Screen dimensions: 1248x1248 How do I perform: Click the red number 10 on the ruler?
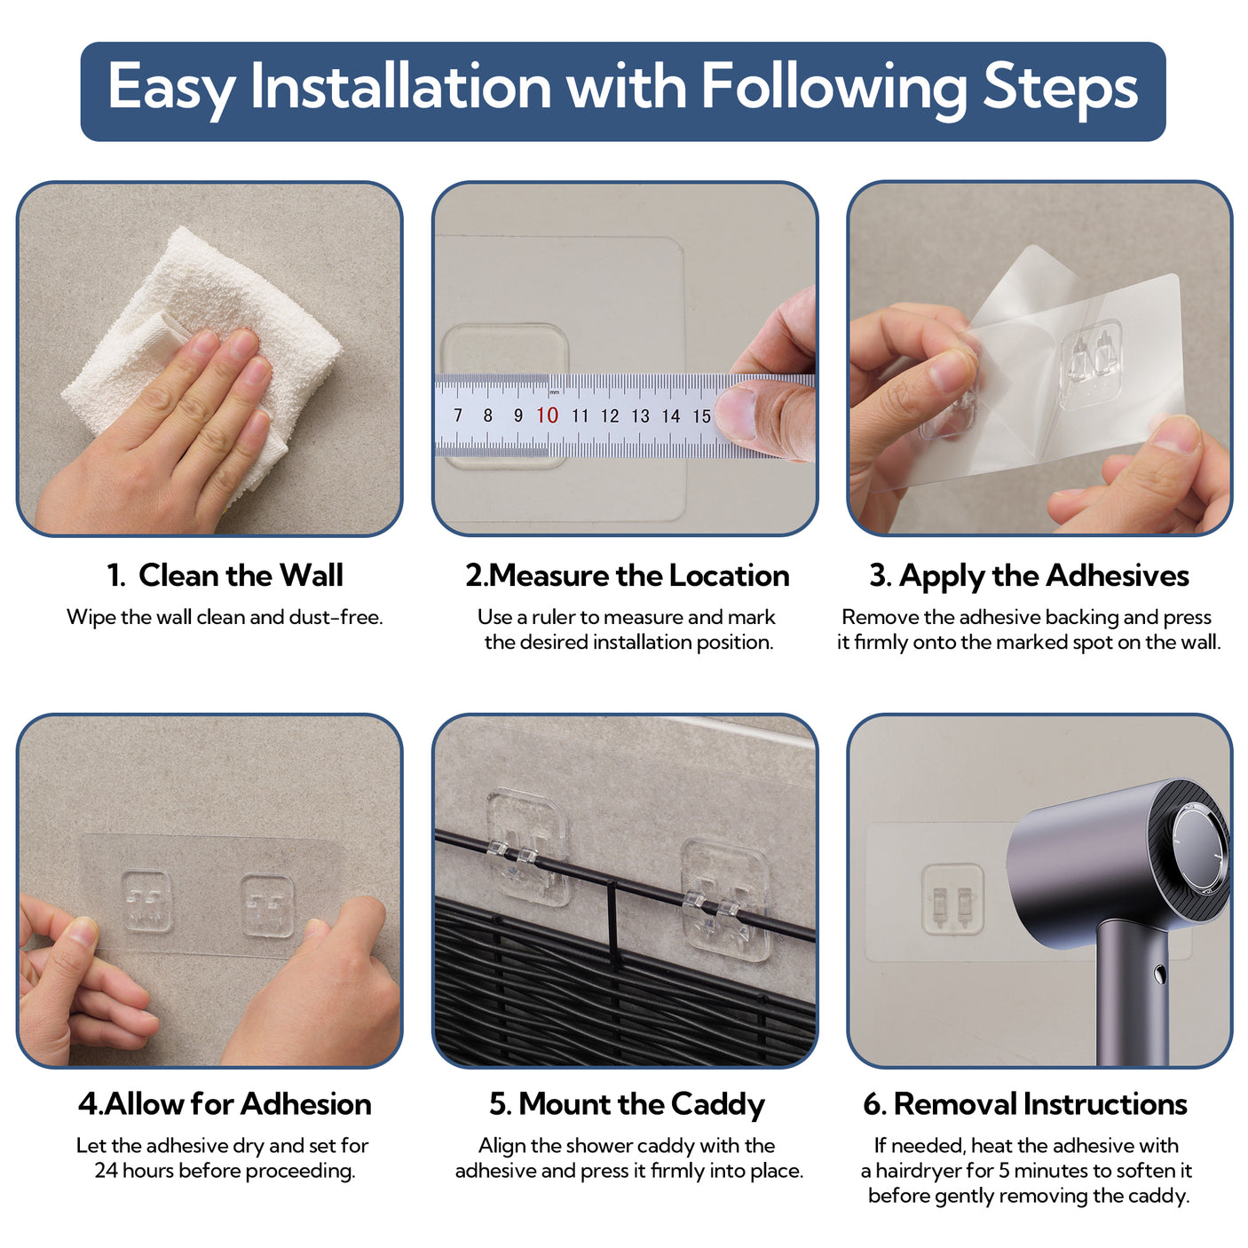tap(547, 415)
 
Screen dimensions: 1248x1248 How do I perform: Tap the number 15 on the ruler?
tap(701, 415)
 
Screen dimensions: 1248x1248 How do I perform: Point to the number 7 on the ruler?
tap(458, 415)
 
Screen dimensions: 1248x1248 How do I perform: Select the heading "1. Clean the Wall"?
tap(225, 575)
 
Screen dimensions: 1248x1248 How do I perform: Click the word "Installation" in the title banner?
tap(400, 86)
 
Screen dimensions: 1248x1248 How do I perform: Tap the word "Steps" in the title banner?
tap(1060, 90)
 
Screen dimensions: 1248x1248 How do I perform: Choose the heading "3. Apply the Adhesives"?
tap(1029, 576)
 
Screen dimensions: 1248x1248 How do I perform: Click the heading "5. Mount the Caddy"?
tap(627, 1105)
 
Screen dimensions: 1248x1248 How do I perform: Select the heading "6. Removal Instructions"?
tap(1025, 1104)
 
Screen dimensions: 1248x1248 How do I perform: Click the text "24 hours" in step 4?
tap(134, 1171)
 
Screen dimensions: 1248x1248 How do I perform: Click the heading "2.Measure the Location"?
tap(627, 576)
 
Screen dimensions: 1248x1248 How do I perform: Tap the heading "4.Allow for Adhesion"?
tap(225, 1105)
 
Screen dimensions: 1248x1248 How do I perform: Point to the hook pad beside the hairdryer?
tap(952, 899)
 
